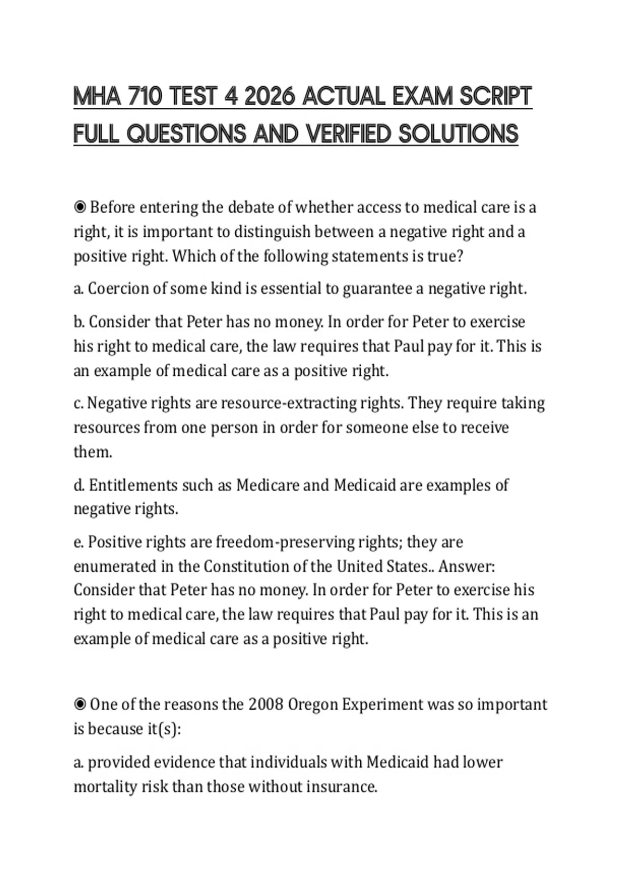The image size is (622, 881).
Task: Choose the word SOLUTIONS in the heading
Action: click(458, 134)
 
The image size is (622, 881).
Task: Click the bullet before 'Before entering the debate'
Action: click(80, 207)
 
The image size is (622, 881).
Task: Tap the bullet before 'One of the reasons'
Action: click(80, 704)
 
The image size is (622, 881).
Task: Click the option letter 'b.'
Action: click(79, 322)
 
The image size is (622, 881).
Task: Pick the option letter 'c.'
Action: click(79, 403)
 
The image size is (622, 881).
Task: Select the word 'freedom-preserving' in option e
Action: click(285, 542)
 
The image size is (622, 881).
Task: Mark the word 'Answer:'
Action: click(467, 566)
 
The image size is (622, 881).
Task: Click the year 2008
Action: click(265, 704)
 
